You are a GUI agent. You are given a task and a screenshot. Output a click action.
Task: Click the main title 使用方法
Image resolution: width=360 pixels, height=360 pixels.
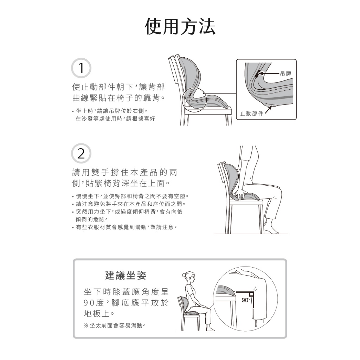180,26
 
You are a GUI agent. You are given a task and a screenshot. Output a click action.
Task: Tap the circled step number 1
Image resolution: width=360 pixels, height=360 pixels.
81,68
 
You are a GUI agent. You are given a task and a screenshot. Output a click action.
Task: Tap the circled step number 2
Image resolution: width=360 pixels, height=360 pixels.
81,153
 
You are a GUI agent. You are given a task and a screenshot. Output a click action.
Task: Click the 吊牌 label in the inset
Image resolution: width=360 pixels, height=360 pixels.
285,74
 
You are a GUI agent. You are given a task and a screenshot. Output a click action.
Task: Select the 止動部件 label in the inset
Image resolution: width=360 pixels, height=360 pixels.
251,113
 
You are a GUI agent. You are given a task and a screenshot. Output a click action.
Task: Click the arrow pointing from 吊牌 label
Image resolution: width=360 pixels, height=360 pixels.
269,74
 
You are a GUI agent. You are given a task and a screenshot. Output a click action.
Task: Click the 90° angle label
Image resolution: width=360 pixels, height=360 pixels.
246,300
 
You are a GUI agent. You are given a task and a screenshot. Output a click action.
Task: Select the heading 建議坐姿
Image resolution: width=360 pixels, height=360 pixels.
126,275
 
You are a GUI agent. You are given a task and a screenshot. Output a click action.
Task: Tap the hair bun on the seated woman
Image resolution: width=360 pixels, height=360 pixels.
184,275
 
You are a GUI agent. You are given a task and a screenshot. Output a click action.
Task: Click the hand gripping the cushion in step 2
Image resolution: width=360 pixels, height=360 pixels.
240,194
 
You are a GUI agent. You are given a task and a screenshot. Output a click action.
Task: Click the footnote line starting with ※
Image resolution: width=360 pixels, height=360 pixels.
115,325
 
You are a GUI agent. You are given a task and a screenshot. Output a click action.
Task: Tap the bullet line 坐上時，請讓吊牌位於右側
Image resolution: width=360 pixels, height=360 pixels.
110,111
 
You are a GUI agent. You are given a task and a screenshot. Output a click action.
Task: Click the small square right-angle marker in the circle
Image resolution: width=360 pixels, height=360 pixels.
251,294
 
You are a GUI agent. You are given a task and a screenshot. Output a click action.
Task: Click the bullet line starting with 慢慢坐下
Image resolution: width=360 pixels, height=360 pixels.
130,196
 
